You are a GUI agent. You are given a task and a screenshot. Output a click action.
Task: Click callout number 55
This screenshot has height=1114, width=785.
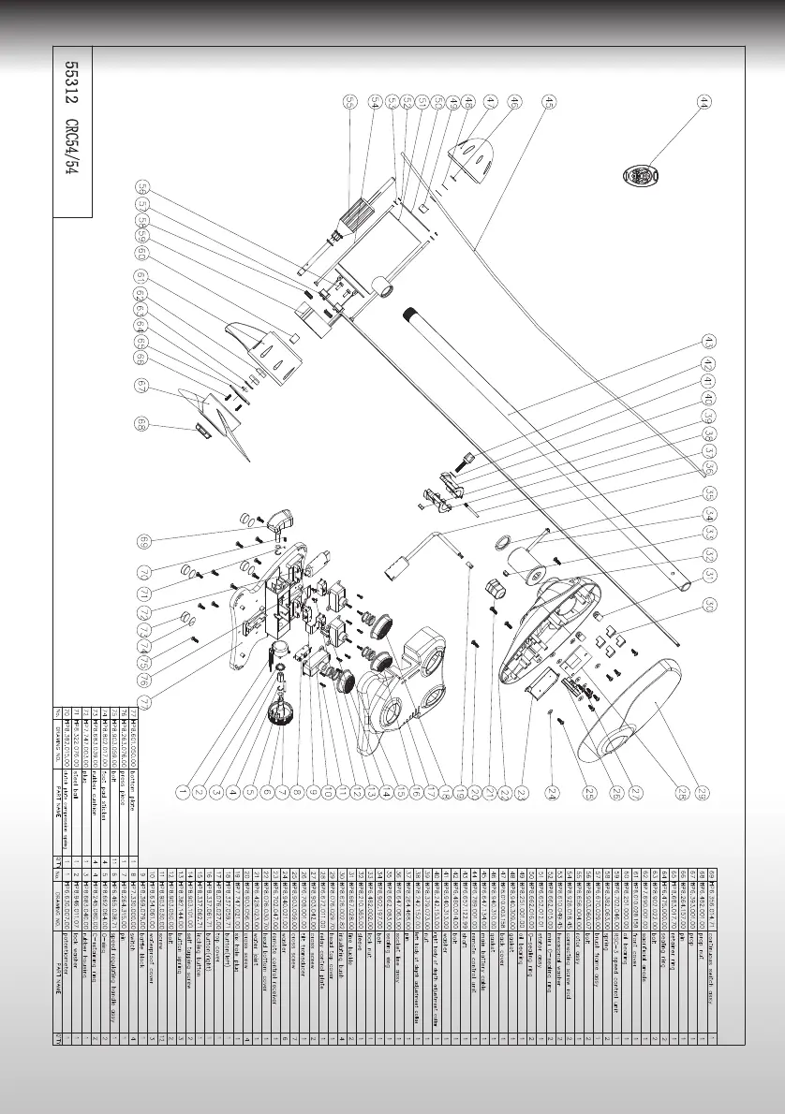[x=349, y=100]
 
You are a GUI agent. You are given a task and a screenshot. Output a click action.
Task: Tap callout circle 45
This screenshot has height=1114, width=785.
[x=549, y=100]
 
